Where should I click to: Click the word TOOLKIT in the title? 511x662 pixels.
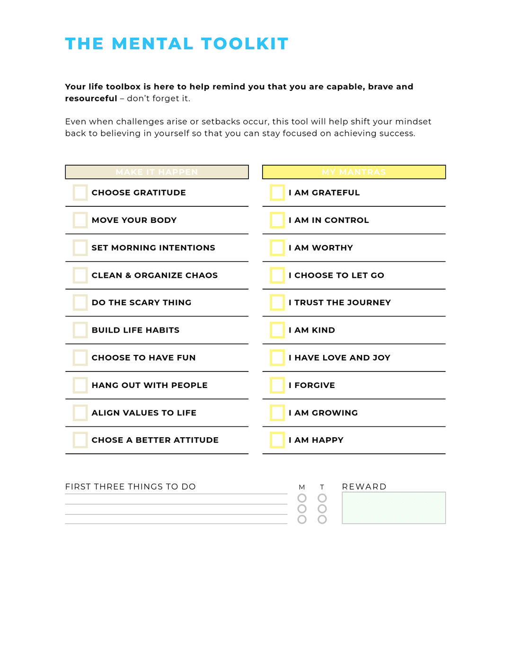(245, 44)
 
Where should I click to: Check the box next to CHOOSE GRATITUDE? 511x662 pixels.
(80, 193)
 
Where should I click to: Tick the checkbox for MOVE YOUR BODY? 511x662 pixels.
(80, 220)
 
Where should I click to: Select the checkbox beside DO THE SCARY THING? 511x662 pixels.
(80, 302)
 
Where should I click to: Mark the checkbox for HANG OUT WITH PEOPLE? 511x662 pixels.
(80, 385)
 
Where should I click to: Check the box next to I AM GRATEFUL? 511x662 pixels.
(277, 193)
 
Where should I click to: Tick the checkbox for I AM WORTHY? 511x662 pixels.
(277, 247)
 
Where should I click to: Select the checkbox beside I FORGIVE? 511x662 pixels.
(277, 385)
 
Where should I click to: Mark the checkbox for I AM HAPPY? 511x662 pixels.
(277, 440)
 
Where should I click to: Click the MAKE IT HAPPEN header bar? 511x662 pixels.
(157, 172)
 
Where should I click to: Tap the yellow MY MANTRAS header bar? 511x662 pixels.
(354, 172)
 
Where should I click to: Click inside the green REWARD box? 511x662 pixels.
(394, 508)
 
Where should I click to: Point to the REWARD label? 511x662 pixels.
(364, 486)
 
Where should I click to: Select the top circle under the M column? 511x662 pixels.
(302, 498)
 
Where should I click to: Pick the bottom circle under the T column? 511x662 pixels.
(322, 520)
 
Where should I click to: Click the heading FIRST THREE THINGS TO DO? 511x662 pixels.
(130, 486)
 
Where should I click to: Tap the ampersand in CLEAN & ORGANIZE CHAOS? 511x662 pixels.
(128, 275)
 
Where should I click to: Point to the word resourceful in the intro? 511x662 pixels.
(91, 98)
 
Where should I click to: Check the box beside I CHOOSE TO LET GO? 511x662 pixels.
(277, 275)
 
